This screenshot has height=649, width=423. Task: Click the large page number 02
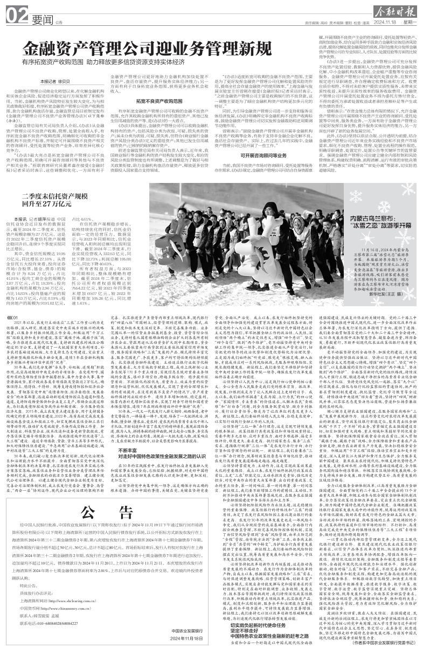(x=18, y=18)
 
